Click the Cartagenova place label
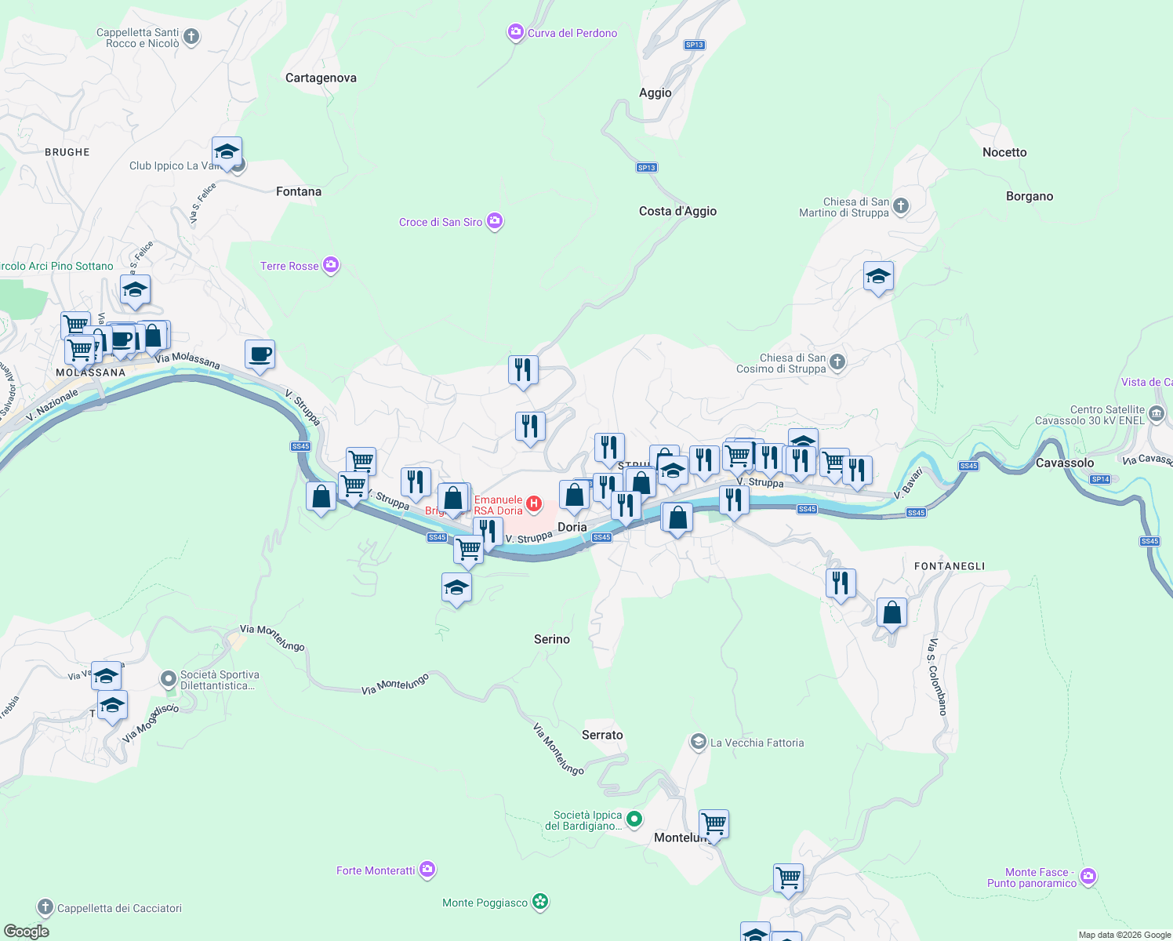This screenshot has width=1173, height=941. click(x=321, y=78)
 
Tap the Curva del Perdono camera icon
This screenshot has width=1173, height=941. click(x=516, y=32)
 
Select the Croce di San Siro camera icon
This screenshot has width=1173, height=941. click(x=495, y=222)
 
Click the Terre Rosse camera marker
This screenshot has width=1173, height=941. click(x=331, y=265)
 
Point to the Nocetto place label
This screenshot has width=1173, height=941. click(x=1004, y=152)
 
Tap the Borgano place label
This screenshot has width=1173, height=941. click(x=1030, y=196)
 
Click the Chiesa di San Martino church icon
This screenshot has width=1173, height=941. click(x=901, y=206)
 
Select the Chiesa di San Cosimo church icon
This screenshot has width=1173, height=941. click(x=837, y=362)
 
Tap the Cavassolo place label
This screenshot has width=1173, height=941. click(x=1065, y=463)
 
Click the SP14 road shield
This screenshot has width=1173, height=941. click(x=1100, y=479)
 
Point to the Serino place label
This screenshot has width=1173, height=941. click(x=552, y=639)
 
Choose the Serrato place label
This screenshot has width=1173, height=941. click(x=602, y=735)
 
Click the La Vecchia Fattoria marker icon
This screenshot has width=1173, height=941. click(x=698, y=742)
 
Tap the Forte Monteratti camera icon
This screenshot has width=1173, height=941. click(x=427, y=869)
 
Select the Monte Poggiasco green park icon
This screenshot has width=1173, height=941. click(x=540, y=902)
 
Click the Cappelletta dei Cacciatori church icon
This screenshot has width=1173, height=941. click(x=45, y=907)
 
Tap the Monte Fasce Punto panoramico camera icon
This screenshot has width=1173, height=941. click(x=1088, y=877)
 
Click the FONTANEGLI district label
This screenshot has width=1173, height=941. click(x=950, y=566)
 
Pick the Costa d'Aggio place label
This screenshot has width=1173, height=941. click(x=677, y=211)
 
